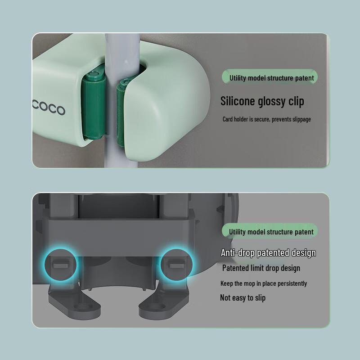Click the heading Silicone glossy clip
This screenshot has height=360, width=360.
click(x=262, y=101)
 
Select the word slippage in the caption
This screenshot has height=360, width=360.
click(x=298, y=119)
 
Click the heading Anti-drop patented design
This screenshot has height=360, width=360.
click(x=268, y=253)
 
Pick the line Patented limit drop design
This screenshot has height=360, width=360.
click(x=261, y=268)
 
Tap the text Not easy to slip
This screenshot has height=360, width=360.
click(x=243, y=297)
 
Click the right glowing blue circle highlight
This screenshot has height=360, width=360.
click(x=175, y=263)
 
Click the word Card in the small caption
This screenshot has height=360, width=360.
click(x=228, y=119)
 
